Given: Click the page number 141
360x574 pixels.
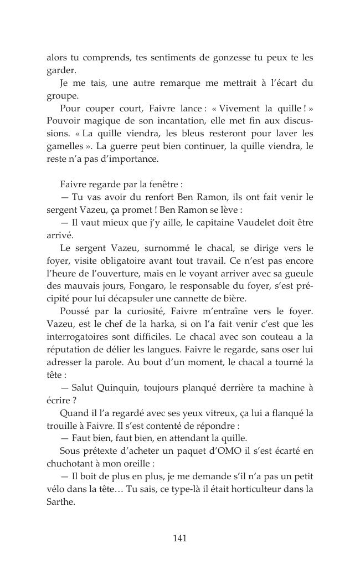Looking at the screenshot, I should coord(179,538).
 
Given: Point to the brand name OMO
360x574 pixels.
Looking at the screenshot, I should coord(231,451).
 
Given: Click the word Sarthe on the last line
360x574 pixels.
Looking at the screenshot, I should coord(60,502).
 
